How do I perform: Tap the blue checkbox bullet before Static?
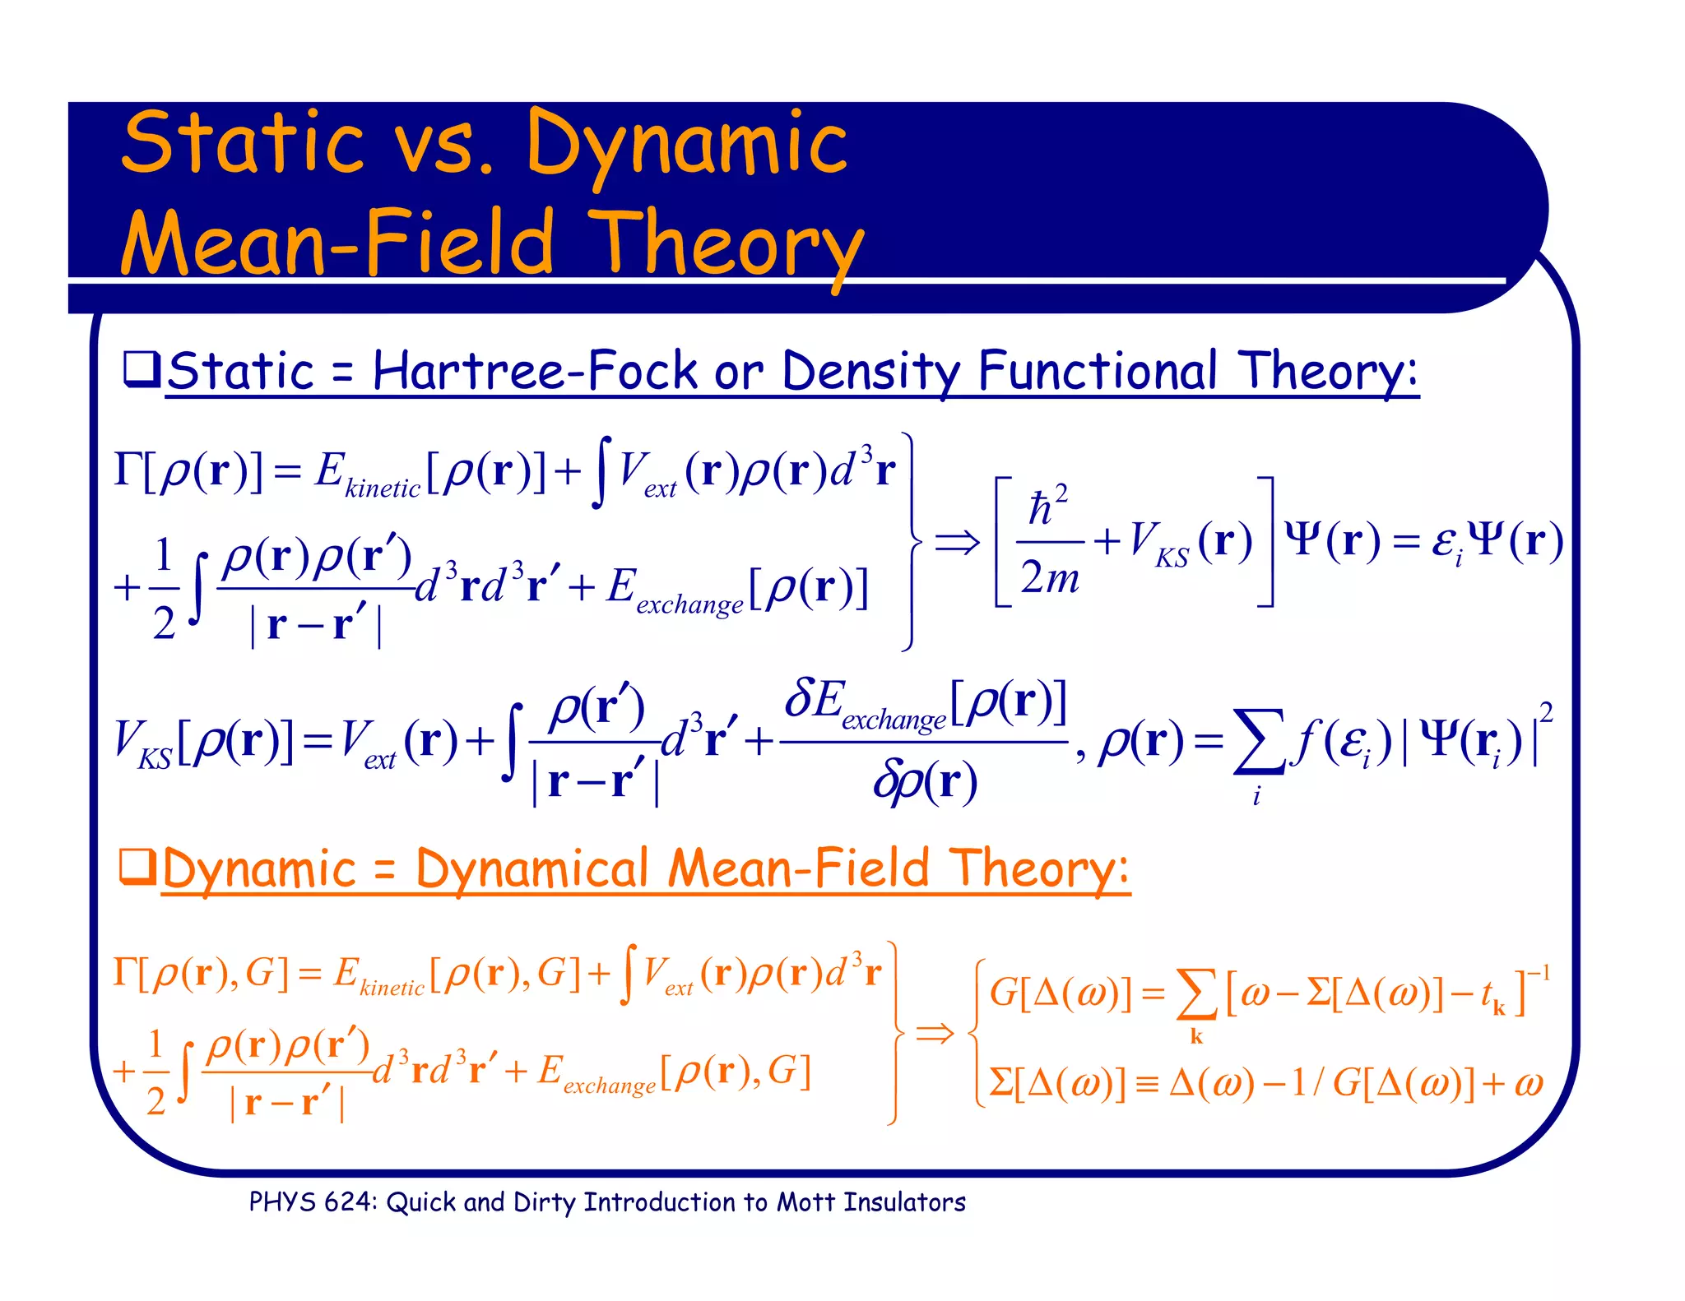[x=141, y=369]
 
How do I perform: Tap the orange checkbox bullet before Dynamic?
[x=137, y=866]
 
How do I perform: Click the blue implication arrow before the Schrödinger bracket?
[x=957, y=543]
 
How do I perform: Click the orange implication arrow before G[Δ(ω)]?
[x=935, y=1033]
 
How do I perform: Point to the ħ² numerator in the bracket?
[x=1048, y=507]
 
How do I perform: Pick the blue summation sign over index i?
[x=1258, y=743]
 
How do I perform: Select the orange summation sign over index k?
[x=1197, y=996]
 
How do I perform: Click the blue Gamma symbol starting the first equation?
[x=128, y=470]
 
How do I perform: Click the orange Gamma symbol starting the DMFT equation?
[x=125, y=972]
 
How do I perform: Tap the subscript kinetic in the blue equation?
[x=383, y=488]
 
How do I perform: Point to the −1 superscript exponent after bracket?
[x=1539, y=975]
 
